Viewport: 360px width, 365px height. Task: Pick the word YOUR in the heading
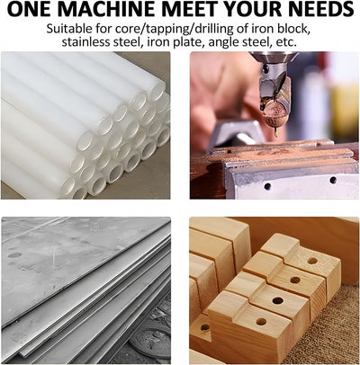249,9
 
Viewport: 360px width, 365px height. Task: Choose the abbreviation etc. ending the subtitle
286,42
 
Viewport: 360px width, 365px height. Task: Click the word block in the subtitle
292,29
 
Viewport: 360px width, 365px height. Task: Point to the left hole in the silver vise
267,186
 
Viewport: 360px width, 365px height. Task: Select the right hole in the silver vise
333,180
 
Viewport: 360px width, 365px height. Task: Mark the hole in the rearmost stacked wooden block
312,261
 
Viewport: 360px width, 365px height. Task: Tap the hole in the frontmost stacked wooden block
261,322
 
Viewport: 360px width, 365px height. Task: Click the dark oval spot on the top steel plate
14,255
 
